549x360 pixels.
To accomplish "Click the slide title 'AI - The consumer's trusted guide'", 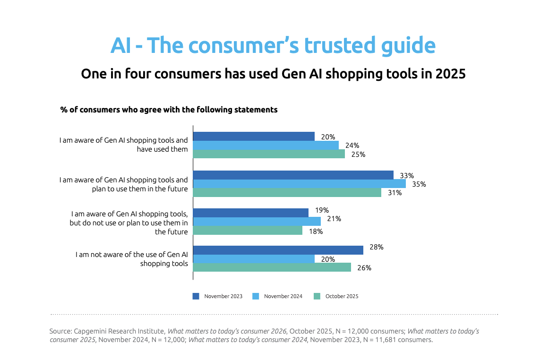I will tap(273, 46).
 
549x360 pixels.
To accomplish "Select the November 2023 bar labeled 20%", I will tap(254, 137).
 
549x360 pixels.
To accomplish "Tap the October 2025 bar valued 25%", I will tap(269, 154).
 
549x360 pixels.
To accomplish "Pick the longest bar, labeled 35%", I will tap(300, 184).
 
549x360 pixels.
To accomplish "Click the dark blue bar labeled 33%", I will tap(293, 175).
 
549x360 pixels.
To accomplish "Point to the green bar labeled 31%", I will tap(287, 193).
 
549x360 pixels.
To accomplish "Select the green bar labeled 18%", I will tap(248, 231).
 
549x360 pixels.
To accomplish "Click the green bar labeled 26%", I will tap(272, 267).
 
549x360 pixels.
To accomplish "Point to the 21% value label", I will tap(334, 219).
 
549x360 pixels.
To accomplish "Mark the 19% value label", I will tap(322, 210).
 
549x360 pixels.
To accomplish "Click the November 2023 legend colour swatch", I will tap(196, 296).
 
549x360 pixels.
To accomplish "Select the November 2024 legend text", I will tap(283, 296).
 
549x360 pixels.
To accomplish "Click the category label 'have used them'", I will tap(162, 149).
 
